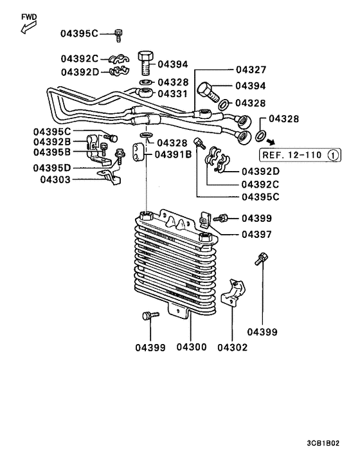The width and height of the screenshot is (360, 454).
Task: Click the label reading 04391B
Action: [x=172, y=154]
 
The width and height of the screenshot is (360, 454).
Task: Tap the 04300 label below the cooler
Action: [x=191, y=347]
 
